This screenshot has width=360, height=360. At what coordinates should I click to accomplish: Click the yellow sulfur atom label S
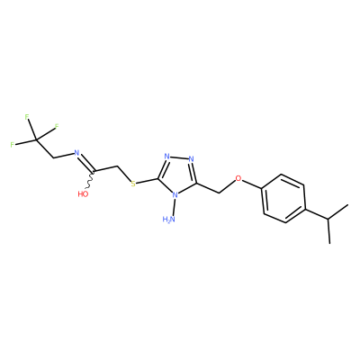[133, 184]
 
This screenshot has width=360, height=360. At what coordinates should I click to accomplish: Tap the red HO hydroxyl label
[83, 194]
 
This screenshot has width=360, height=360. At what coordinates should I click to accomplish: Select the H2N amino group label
[169, 220]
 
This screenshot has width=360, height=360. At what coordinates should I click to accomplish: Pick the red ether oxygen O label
[238, 178]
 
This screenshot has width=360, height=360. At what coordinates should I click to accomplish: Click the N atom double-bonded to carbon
[76, 153]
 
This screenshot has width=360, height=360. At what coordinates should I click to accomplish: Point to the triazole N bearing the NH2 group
[175, 194]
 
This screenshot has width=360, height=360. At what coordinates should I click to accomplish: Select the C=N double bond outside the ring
[86, 163]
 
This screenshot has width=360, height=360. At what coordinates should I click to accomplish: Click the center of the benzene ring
[284, 198]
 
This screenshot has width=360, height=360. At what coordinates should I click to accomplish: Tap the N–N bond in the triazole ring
[179, 157]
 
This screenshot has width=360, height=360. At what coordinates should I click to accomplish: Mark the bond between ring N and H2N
[173, 207]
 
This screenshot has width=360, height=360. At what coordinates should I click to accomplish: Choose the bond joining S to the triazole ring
[147, 181]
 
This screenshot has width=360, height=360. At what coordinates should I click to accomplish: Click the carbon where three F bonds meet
[36, 139]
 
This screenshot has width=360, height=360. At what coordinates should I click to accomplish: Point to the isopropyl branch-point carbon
[328, 219]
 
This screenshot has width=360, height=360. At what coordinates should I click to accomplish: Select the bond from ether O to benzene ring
[252, 184]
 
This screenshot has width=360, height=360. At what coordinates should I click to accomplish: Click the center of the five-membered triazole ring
[177, 176]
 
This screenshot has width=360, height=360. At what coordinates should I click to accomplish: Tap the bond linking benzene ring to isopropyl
[317, 213]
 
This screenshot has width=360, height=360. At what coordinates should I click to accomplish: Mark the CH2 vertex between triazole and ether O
[220, 193]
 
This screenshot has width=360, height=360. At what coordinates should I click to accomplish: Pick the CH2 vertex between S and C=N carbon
[116, 166]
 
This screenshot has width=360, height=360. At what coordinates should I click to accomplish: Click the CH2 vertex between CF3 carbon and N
[53, 157]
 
